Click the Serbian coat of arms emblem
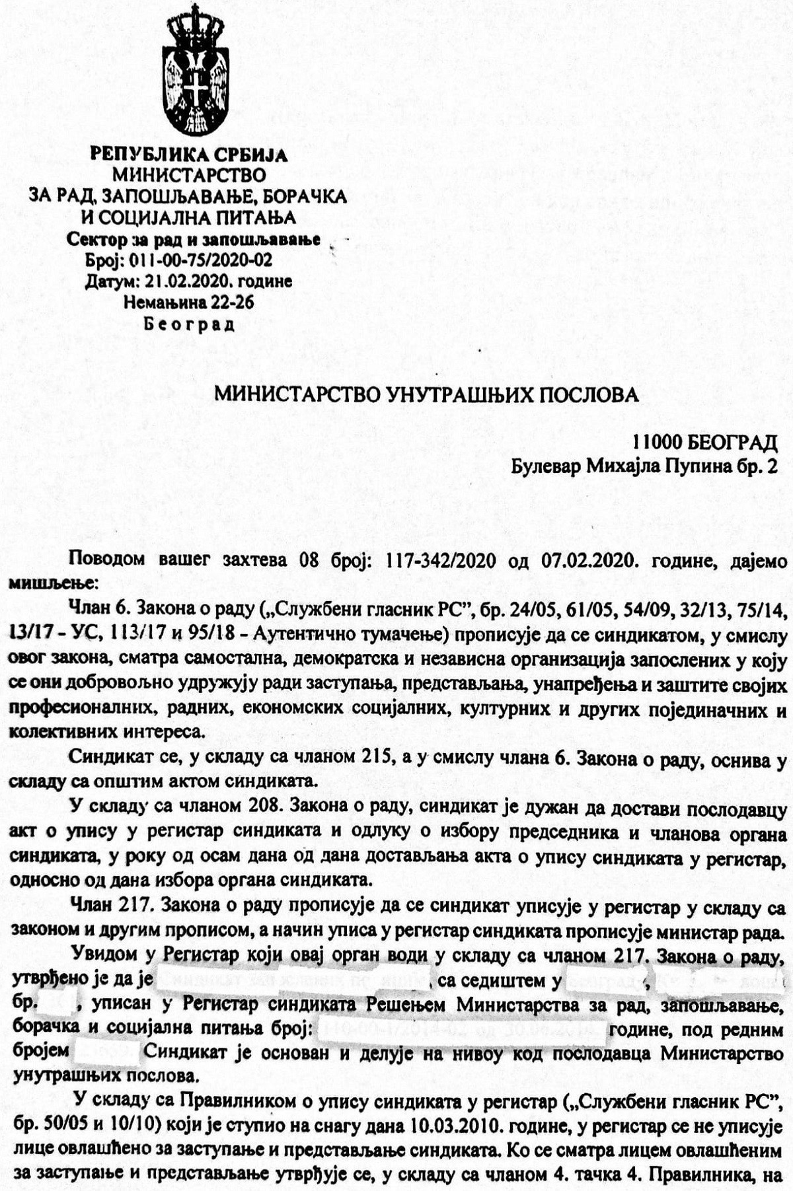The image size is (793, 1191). [196, 71]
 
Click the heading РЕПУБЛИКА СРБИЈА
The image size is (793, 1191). [189, 155]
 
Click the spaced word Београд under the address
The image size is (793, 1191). [189, 324]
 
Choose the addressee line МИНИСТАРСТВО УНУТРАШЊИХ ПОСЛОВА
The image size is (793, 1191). [426, 395]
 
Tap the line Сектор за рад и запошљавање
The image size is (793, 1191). [194, 239]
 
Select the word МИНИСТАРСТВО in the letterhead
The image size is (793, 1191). [189, 175]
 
